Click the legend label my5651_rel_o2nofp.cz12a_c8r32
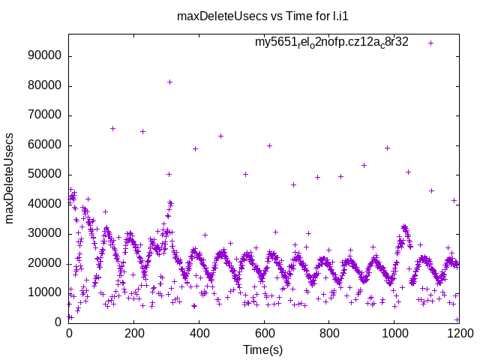pos(331,42)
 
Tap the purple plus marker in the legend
pos(430,43)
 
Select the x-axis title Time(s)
pos(263,349)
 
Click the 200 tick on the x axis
pos(133,334)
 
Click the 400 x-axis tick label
pos(199,334)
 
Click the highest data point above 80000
pos(169,82)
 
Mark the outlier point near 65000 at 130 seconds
pos(112,128)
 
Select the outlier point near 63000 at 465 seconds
pos(220,136)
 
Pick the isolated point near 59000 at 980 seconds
pos(387,148)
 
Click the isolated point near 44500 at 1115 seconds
pos(431,190)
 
